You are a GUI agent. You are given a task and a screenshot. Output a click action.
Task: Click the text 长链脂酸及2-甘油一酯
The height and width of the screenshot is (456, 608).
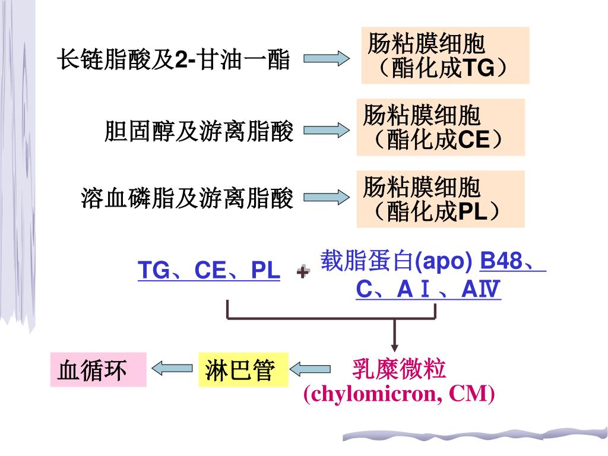(x=173, y=60)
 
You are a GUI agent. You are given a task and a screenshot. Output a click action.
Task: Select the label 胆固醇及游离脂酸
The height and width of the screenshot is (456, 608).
(x=199, y=132)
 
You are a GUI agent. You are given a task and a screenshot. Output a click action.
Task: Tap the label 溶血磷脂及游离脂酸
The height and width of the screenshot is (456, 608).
(x=187, y=199)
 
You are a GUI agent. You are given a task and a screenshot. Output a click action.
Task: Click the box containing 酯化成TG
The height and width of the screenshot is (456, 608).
(x=445, y=55)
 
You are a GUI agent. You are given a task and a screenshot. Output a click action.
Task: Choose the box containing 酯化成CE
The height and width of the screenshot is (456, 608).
(x=441, y=127)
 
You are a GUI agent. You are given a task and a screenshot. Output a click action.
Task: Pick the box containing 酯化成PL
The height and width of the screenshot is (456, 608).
(x=440, y=199)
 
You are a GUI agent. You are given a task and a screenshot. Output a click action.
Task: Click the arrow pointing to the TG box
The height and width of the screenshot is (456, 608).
(x=327, y=59)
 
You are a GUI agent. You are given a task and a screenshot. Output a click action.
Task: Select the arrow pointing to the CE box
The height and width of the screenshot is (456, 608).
(x=327, y=130)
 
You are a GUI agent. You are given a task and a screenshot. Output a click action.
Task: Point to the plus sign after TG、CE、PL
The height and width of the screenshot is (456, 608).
(x=303, y=272)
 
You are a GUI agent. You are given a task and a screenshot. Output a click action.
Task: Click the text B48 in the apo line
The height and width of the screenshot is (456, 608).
(x=501, y=261)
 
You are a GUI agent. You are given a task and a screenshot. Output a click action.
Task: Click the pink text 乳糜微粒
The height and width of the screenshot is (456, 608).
(x=398, y=369)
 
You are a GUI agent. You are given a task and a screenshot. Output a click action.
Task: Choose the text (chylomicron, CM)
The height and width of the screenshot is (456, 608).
(x=398, y=394)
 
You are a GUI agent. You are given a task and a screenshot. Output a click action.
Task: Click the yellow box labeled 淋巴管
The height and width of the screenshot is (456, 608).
(x=242, y=369)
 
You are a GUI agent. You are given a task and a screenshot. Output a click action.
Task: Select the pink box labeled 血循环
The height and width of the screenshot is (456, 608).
(x=98, y=369)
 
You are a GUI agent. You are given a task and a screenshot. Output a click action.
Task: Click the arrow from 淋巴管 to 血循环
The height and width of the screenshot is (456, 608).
(x=172, y=369)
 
